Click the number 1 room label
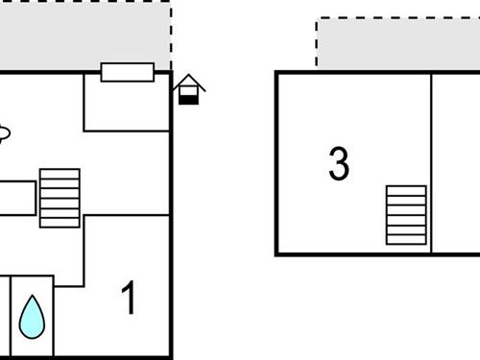(x=128, y=299)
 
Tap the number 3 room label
(x=338, y=164)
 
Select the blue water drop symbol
(x=33, y=316)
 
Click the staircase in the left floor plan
(x=60, y=198)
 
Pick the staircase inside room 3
(x=406, y=215)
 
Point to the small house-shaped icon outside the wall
(x=189, y=88)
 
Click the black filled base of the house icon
(x=189, y=99)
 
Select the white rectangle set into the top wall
(x=127, y=72)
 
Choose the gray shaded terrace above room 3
(x=398, y=44)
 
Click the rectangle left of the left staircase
(x=16, y=199)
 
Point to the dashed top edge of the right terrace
(x=398, y=17)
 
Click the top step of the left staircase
(x=60, y=174)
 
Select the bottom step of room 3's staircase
(x=406, y=239)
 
